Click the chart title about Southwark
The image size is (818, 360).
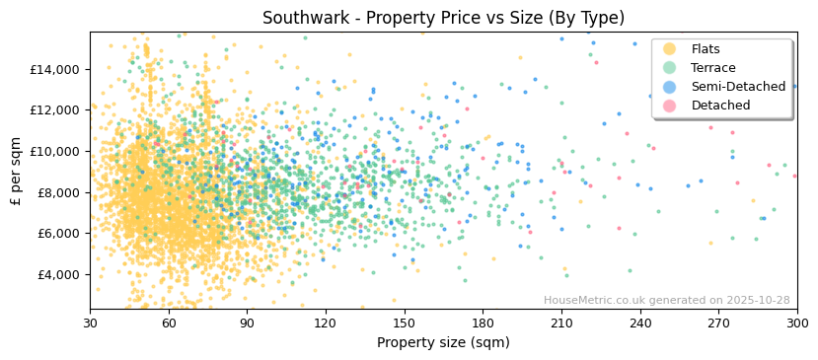click(x=443, y=18)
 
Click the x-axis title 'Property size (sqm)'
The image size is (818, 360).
click(x=443, y=343)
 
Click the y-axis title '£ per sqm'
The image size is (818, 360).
click(x=17, y=171)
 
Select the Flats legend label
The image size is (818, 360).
click(x=706, y=49)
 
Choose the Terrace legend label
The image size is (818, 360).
click(x=713, y=68)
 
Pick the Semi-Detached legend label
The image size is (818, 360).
click(x=738, y=87)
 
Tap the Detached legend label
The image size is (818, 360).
click(x=720, y=106)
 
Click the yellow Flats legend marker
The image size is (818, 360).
click(x=669, y=49)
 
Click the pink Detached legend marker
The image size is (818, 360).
click(x=669, y=106)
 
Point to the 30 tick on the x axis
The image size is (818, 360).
click(x=90, y=323)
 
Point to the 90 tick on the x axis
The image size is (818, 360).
click(x=247, y=323)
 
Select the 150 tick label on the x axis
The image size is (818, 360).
click(x=405, y=323)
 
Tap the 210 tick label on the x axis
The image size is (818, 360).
click(x=561, y=323)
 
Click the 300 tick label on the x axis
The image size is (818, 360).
click(x=797, y=323)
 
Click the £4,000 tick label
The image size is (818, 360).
click(x=58, y=274)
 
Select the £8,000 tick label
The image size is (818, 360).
click(x=58, y=192)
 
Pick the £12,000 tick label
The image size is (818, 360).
click(x=55, y=110)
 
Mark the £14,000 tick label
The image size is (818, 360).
click(x=55, y=69)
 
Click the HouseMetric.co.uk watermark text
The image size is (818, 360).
click(x=667, y=301)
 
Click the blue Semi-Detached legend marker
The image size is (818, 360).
click(x=669, y=87)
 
